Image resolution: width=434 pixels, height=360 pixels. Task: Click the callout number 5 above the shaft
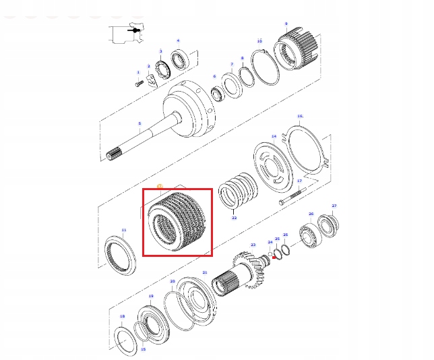coord(139,123)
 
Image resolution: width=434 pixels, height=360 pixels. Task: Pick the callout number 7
coord(231,65)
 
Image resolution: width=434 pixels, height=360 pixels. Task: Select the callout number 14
coord(274,136)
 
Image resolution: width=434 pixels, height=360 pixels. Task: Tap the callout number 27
coord(334,206)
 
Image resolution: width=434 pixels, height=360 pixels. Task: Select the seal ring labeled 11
coord(123,255)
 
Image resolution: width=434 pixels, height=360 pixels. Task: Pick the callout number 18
coord(121,316)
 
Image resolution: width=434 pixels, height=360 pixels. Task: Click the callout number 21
coord(204,272)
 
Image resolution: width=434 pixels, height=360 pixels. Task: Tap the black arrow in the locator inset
coord(134,30)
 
